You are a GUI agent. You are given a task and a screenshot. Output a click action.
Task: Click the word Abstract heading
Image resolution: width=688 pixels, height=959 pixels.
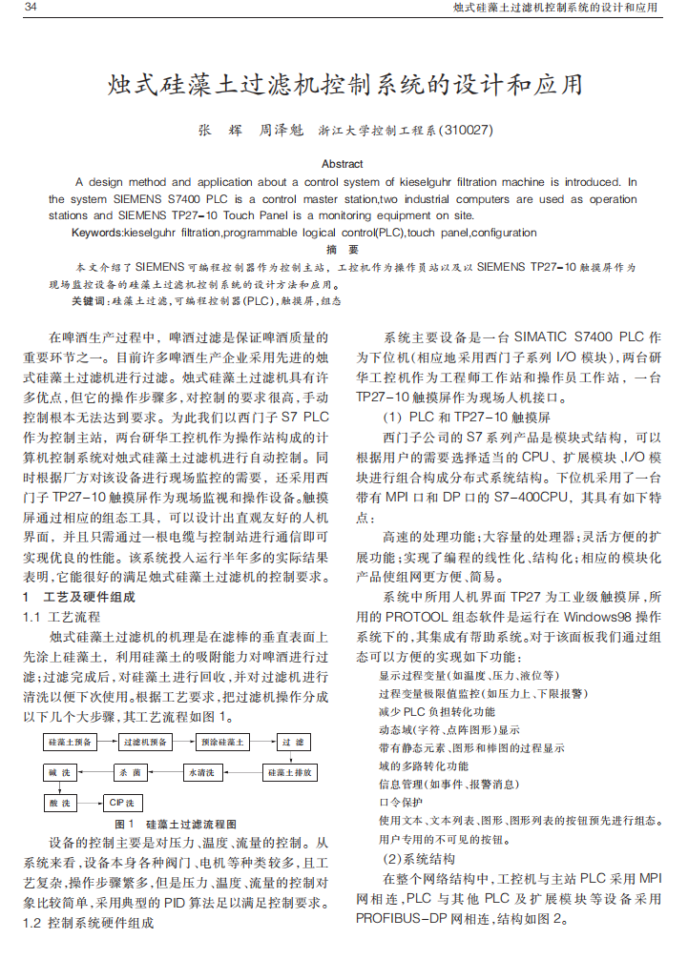pos(343,164)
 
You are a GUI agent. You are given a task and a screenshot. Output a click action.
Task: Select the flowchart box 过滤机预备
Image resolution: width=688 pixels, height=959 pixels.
pos(145,743)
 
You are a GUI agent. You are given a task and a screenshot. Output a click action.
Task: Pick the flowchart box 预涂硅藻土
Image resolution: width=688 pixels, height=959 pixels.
pos(221,743)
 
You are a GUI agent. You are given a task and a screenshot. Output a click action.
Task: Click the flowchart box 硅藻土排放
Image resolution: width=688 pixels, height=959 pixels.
pos(289,772)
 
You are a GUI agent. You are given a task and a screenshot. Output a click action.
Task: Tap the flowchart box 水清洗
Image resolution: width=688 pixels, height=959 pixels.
pos(202,772)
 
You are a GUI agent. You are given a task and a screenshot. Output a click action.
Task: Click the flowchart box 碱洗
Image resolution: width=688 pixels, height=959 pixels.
pos(60,772)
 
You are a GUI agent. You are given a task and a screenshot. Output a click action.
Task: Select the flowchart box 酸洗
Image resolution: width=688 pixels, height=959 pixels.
pos(60,803)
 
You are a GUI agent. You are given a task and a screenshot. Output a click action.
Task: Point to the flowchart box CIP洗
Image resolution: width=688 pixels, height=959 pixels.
pos(121,803)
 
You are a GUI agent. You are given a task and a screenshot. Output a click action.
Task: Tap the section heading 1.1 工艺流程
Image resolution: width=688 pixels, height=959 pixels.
pos(60,618)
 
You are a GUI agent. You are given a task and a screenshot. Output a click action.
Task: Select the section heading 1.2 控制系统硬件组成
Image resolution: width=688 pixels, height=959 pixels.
pos(88,923)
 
